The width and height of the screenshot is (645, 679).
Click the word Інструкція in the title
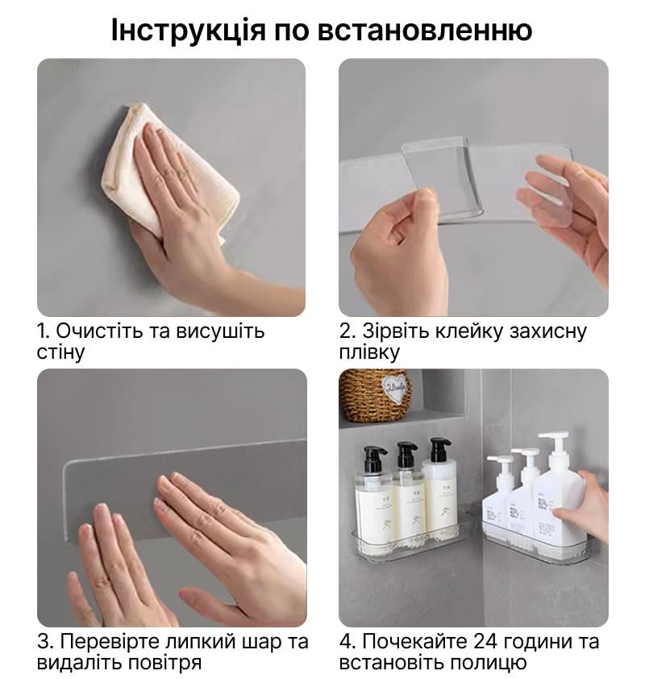coord(188,31)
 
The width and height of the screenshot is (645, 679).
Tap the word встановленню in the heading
coord(425,31)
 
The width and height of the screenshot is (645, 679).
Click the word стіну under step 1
coord(60,352)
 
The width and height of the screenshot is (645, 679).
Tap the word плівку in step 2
coord(369,353)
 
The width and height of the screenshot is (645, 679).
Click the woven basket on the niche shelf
coord(374,395)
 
